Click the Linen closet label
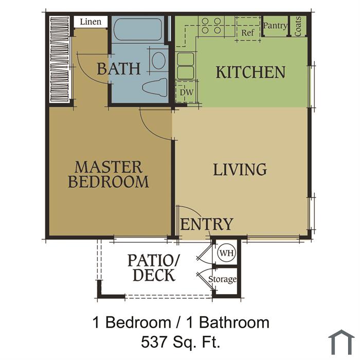91,22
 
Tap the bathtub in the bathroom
138,29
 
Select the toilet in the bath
155,87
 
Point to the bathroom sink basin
158,60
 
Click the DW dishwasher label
186,93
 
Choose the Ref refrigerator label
247,33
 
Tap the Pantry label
275,26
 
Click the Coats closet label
298,26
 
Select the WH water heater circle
227,253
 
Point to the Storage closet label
222,279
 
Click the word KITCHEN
250,73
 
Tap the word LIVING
240,169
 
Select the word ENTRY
207,224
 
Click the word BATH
119,68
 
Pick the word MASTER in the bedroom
109,167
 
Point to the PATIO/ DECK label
154,268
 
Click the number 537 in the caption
154,342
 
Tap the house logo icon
341,342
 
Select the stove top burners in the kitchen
211,26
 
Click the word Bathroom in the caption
234,322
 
